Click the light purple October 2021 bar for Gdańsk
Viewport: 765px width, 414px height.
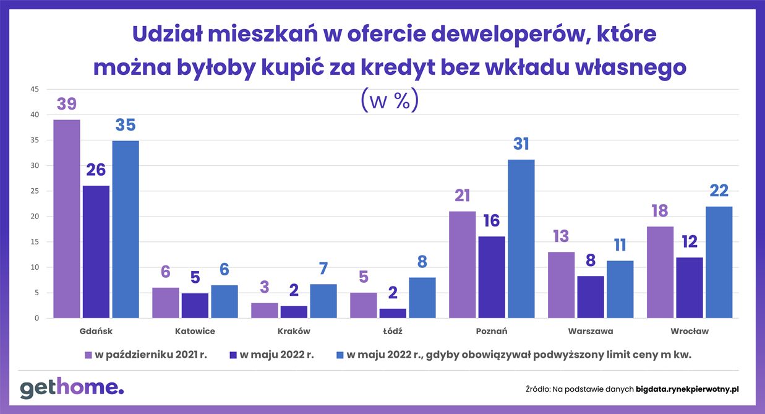pos(66,219)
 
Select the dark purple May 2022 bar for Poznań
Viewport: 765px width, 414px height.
pos(491,277)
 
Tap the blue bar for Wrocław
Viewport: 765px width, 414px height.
pos(719,262)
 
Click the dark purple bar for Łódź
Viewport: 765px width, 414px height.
pos(393,313)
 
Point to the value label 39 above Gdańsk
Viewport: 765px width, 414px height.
pos(67,105)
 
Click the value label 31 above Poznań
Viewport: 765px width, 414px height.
pos(521,144)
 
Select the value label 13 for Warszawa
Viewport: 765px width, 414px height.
pos(561,237)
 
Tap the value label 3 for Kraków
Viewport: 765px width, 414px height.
pos(264,288)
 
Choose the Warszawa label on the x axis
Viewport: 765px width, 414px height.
pos(590,331)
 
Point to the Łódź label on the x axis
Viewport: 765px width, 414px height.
pos(393,331)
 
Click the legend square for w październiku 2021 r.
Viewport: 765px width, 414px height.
pos(88,355)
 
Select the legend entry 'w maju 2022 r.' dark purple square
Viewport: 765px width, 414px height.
pos(233,355)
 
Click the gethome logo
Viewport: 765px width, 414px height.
pos(72,388)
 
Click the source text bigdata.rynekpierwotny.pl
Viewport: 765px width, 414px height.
pos(687,389)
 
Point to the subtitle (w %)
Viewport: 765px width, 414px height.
pos(389,101)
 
